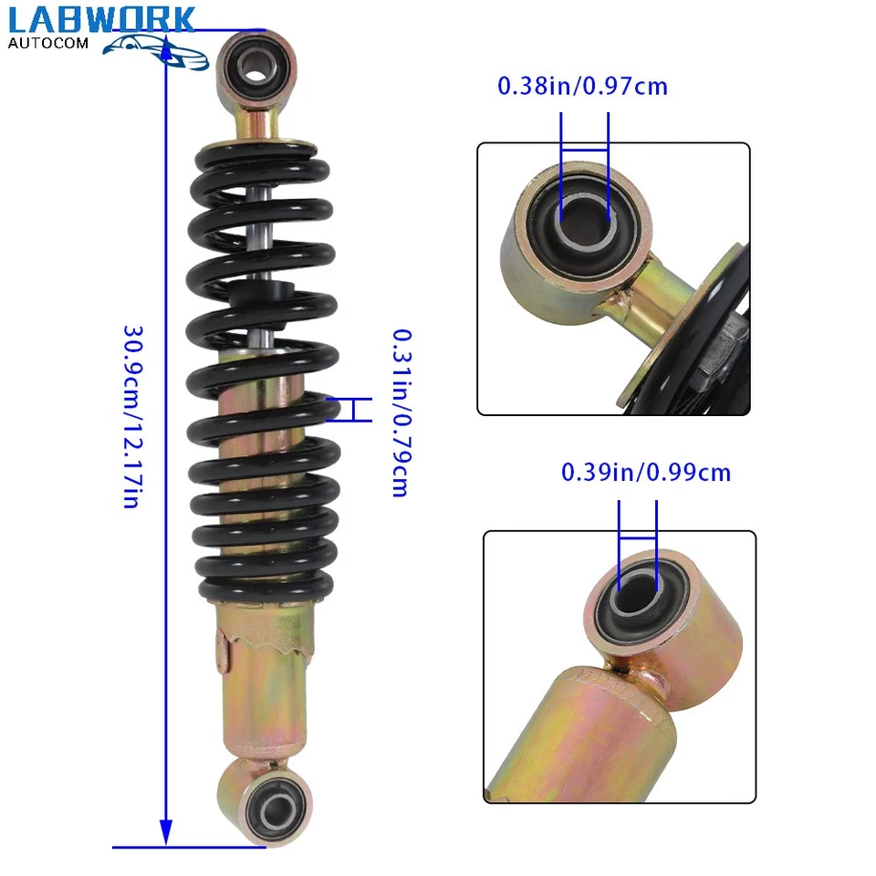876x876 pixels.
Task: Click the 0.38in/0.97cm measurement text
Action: click(x=582, y=87)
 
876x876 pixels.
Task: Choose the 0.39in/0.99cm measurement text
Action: click(x=646, y=473)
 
